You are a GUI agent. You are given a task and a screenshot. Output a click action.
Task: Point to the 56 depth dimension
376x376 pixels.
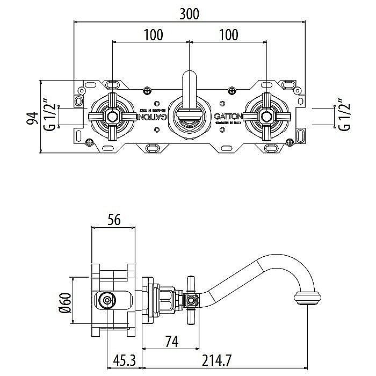tap(113, 219)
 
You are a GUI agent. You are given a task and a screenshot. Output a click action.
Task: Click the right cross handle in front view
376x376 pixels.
tap(266, 116)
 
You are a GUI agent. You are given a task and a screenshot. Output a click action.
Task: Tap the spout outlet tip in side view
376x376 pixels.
tap(307, 297)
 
